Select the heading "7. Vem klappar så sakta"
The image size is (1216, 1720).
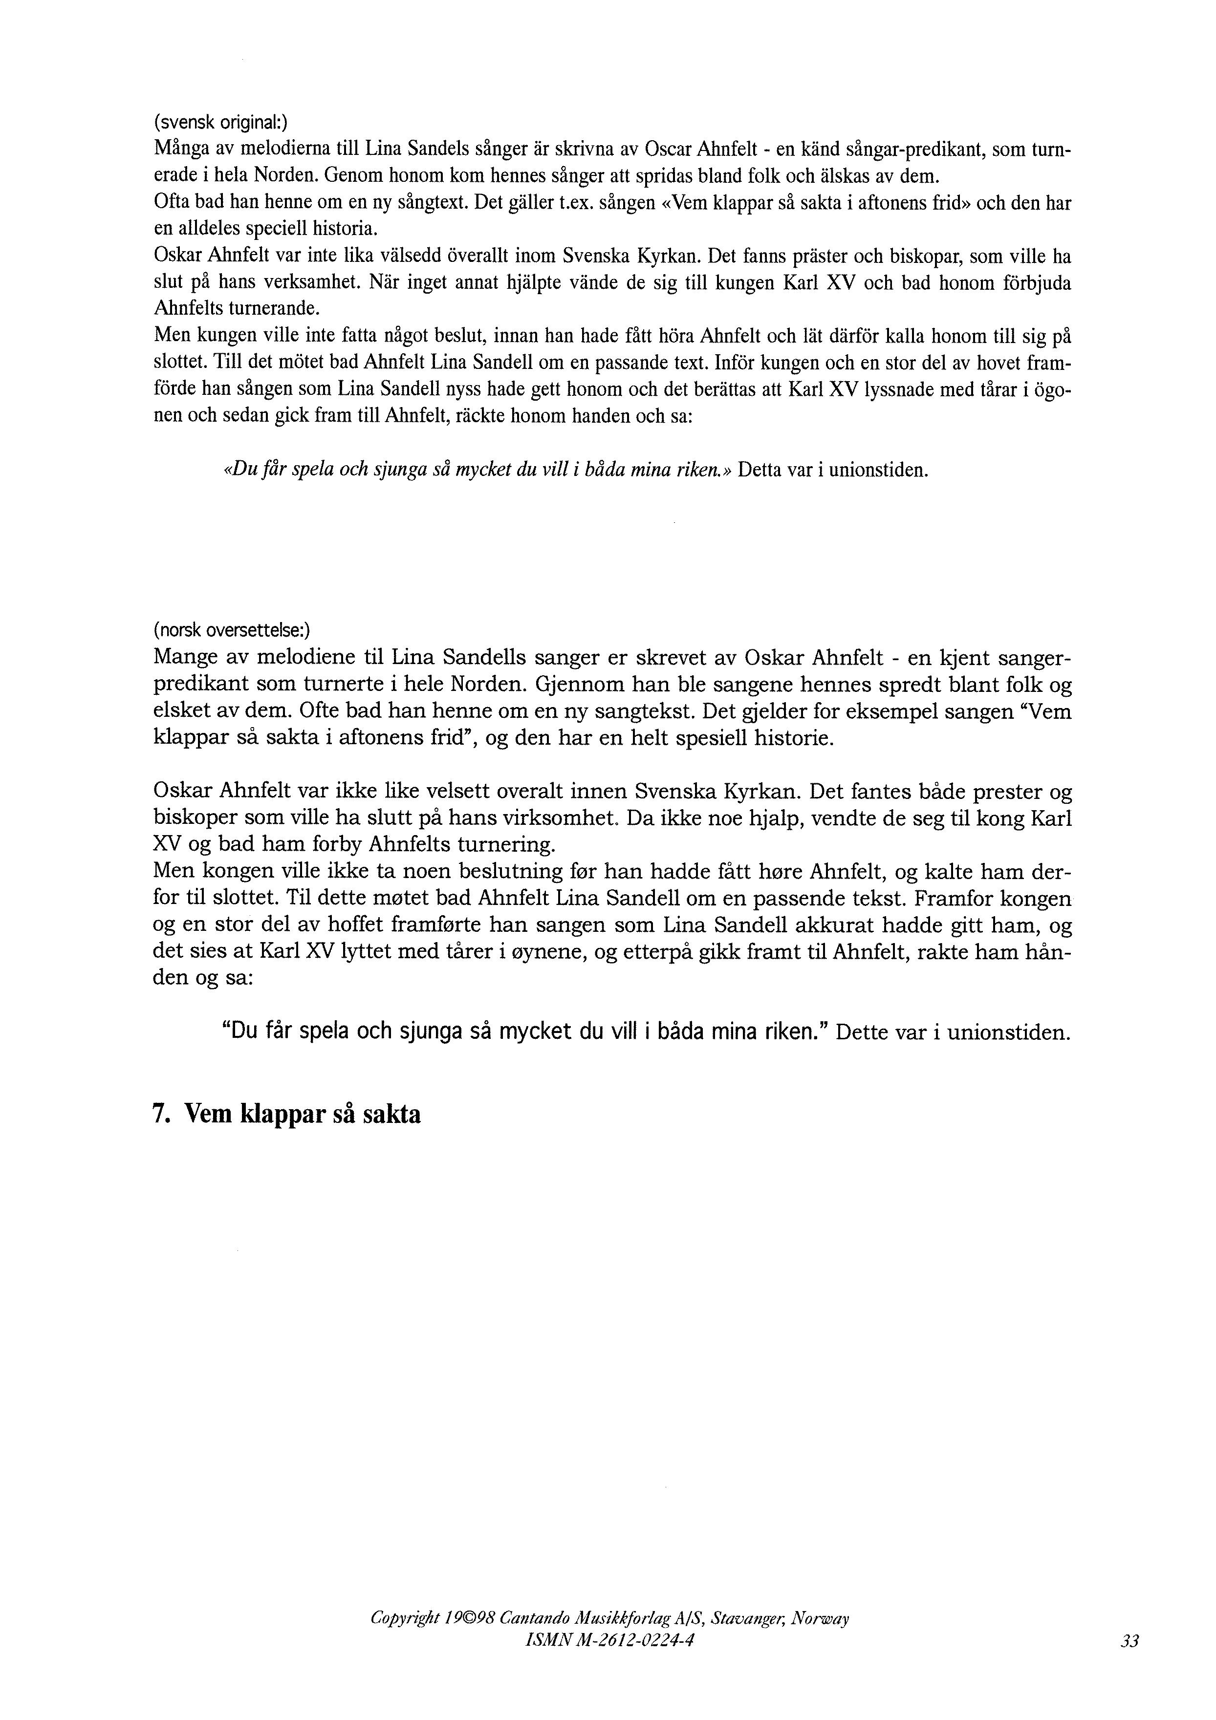click(286, 1115)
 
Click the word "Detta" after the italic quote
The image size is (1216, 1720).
click(760, 471)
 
